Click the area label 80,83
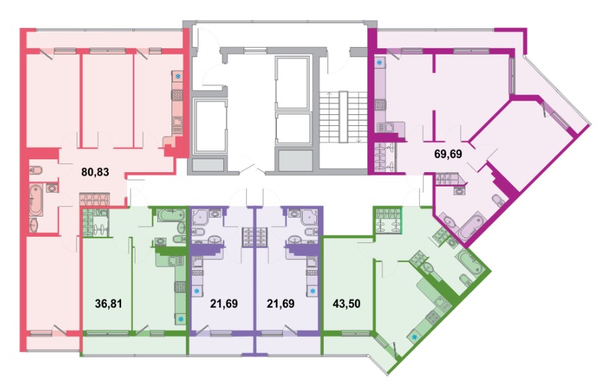pos(95,172)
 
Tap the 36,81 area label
pos(108,304)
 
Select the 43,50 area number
pos(346,304)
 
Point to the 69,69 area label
pos(448,154)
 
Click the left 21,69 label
pos(224,304)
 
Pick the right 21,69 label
pos(280,304)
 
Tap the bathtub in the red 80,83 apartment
pos(37,199)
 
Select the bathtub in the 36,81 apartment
pos(172,214)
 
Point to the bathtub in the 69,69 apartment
pos(471,228)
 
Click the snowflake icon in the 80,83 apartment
pos(178,77)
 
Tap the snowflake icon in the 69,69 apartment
pos(380,63)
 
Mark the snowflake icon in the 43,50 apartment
pos(414,338)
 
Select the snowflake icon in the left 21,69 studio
pos(197,291)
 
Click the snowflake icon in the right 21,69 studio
pos(313,291)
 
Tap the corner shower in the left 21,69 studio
pos(200,216)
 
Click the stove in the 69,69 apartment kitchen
pos(380,105)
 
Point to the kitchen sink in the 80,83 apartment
pos(178,121)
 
